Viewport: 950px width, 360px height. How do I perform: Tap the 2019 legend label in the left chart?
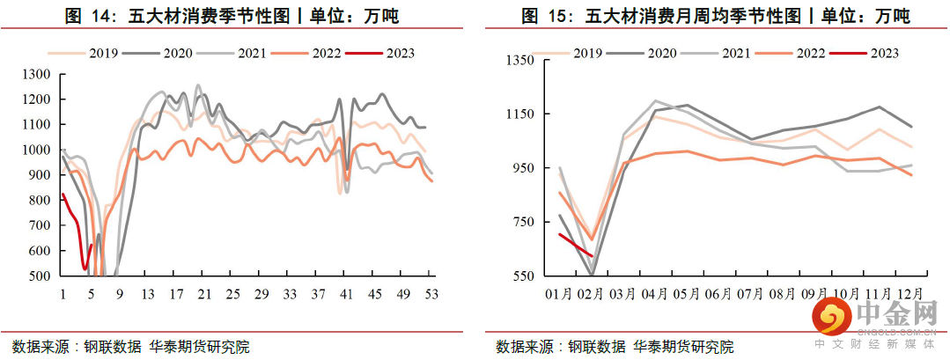tap(104, 53)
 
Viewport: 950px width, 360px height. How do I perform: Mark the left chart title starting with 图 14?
tap(240, 16)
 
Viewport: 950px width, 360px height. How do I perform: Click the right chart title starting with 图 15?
tap(714, 16)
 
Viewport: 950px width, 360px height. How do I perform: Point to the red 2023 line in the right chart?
tap(577, 244)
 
